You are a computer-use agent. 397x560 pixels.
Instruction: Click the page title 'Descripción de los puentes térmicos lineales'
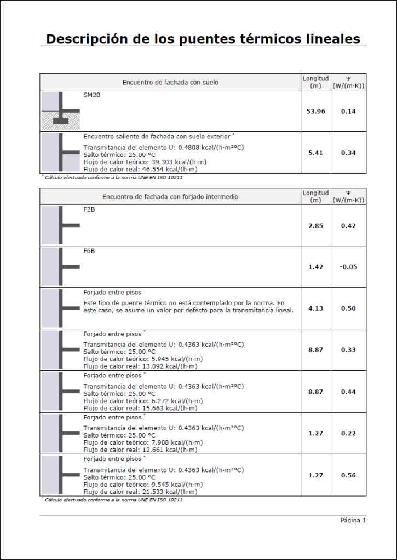tap(203, 39)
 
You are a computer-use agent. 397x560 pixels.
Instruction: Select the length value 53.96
tap(315, 112)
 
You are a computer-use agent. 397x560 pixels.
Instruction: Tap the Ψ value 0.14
tap(348, 112)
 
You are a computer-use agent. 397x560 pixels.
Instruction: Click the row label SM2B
tap(91, 95)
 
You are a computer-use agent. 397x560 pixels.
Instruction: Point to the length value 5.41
tap(315, 153)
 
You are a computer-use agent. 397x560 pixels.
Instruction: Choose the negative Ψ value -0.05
tap(348, 267)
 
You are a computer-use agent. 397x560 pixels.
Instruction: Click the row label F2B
tap(89, 209)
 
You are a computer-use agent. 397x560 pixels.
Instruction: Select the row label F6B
tap(89, 251)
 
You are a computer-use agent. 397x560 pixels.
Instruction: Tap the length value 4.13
tap(315, 308)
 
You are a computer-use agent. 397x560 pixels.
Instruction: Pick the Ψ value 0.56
tap(348, 475)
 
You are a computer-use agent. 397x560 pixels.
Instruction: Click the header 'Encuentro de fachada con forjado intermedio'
tap(170, 196)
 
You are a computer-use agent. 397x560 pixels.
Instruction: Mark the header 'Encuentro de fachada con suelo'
tap(170, 83)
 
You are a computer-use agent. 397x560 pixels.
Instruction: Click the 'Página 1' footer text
tap(353, 520)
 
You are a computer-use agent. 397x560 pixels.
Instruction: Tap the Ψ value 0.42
tap(348, 225)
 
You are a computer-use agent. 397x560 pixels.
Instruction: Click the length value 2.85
tap(315, 225)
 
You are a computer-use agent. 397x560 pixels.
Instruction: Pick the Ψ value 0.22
tap(348, 434)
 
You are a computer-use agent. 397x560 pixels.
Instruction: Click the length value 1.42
tap(315, 267)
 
